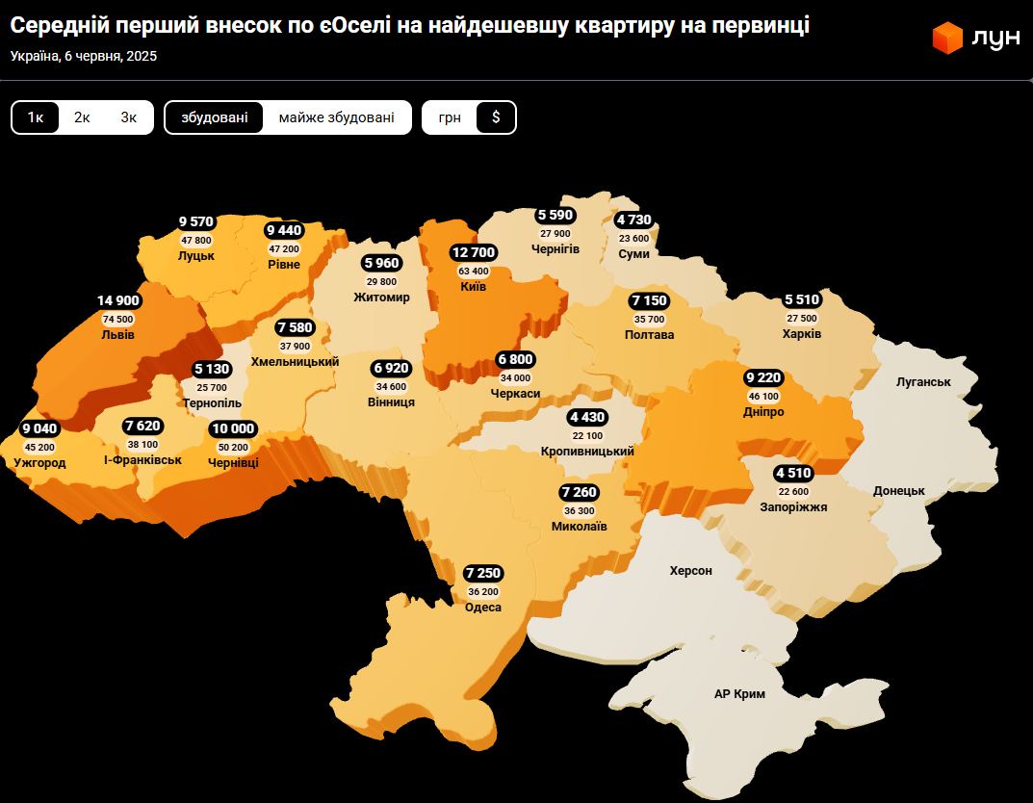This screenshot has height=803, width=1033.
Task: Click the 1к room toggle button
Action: point(36,117)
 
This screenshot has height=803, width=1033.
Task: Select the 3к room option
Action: point(129,117)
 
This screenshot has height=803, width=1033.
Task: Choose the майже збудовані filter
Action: point(336,117)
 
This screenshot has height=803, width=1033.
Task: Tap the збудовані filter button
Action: point(214,117)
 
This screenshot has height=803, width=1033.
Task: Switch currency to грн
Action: point(450,117)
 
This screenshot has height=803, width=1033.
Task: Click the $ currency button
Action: point(496,117)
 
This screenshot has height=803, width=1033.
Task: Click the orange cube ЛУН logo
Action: point(947,39)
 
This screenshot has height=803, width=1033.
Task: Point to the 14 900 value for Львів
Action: point(118,300)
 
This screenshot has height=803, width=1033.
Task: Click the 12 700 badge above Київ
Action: point(473,252)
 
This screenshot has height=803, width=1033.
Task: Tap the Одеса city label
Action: point(483,607)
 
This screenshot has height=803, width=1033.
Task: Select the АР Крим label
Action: point(740,693)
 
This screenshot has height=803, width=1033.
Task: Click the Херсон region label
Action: point(691,570)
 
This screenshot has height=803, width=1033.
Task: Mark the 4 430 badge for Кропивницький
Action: point(587,417)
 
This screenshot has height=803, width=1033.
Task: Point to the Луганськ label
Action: point(923,381)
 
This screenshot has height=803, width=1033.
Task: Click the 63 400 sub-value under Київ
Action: point(473,271)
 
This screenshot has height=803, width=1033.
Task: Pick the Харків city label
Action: point(802,334)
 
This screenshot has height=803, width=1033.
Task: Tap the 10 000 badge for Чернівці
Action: point(233,428)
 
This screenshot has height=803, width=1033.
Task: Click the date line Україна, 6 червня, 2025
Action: point(84,56)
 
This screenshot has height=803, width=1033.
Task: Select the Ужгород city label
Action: point(40,463)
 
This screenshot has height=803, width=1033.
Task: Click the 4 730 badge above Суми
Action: point(633,220)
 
